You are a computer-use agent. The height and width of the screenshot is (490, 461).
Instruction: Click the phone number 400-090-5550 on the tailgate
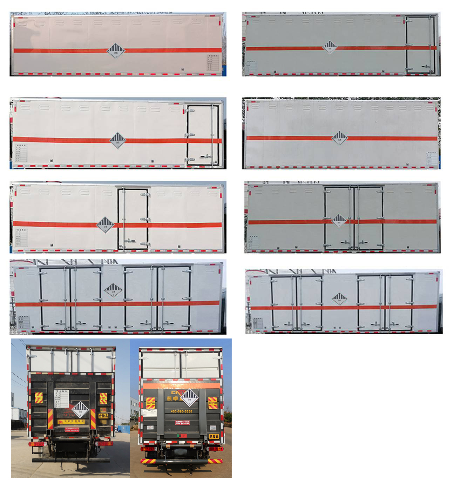181,411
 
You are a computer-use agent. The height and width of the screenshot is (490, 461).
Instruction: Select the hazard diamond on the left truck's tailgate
80,410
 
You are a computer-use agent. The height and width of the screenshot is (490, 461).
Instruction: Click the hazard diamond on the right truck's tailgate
190,398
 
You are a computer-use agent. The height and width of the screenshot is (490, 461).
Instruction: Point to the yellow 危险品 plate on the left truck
103,416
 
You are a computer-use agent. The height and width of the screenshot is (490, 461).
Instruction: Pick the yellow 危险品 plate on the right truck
214,436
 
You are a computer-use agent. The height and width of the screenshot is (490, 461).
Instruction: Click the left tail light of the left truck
38,444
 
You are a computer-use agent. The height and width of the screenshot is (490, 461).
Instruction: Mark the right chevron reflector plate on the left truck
103,398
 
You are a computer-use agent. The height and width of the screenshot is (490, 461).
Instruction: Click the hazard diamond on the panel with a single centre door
105,225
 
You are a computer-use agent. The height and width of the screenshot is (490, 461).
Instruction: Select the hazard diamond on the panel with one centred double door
339,221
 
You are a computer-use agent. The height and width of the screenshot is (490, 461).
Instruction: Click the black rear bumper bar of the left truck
70,460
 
